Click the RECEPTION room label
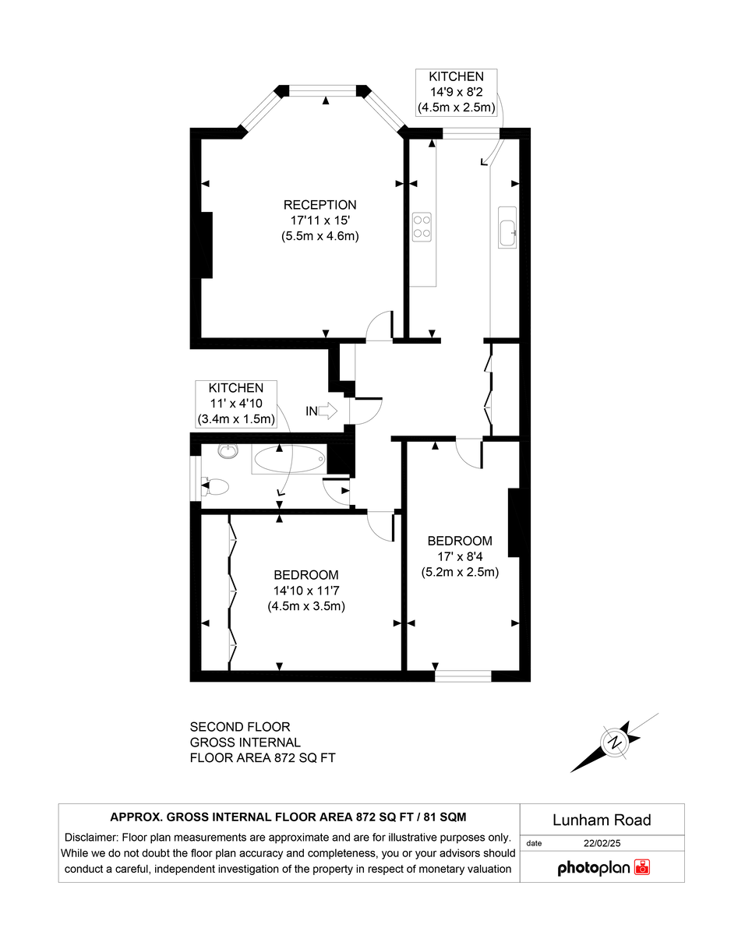click(320, 205)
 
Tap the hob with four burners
click(422, 225)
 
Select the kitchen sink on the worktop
click(507, 228)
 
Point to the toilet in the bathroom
click(216, 487)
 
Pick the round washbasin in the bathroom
click(228, 452)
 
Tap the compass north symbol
click(616, 741)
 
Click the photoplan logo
click(603, 867)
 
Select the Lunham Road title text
click(602, 820)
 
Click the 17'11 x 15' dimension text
click(320, 221)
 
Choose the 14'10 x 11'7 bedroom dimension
click(306, 591)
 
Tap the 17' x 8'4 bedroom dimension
click(460, 556)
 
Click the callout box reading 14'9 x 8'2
click(456, 92)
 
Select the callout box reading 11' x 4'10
click(235, 403)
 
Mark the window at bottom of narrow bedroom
click(463, 676)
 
